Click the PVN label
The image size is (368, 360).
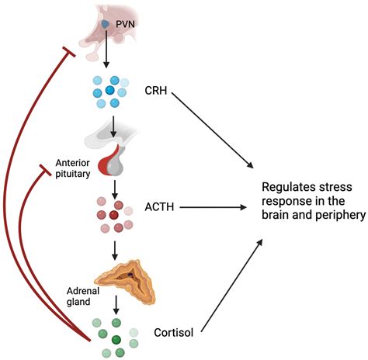pyautogui.click(x=125, y=24)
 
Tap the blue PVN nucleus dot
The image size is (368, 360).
pyautogui.click(x=105, y=24)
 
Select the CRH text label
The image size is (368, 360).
pyautogui.click(x=156, y=91)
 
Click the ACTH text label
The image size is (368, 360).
pyautogui.click(x=159, y=207)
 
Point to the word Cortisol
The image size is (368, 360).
pyautogui.click(x=174, y=333)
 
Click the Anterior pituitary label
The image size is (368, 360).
pyautogui.click(x=73, y=168)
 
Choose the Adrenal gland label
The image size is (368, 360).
pyautogui.click(x=83, y=296)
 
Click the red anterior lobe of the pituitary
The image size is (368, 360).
pyautogui.click(x=107, y=162)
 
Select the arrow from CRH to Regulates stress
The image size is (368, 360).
pyautogui.click(x=213, y=130)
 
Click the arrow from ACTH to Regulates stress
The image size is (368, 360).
pyautogui.click(x=214, y=207)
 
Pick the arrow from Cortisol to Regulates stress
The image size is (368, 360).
pyautogui.click(x=232, y=286)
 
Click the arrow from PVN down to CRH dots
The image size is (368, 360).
pyautogui.click(x=106, y=49)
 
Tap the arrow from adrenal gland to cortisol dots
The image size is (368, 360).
pyautogui.click(x=116, y=305)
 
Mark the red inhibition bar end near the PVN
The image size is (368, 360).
pyautogui.click(x=69, y=52)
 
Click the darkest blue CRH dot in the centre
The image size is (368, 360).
pyautogui.click(x=109, y=90)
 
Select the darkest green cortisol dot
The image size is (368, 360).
pyautogui.click(x=116, y=339)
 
